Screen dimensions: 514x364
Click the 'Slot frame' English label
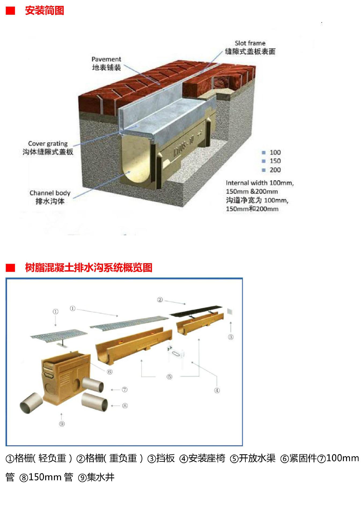pyautogui.click(x=250, y=43)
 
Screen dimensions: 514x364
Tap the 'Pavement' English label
pyautogui.click(x=106, y=59)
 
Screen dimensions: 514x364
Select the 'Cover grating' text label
pyautogui.click(x=48, y=144)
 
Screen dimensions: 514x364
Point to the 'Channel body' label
pyautogui.click(x=50, y=193)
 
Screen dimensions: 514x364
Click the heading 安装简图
pyautogui.click(x=45, y=11)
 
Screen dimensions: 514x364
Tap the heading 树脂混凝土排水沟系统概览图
pyautogui.click(x=89, y=268)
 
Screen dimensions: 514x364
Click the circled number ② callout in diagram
pyautogui.click(x=160, y=300)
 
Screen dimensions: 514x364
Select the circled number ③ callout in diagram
pyautogui.click(x=231, y=337)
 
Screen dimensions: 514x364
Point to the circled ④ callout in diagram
pyautogui.click(x=217, y=390)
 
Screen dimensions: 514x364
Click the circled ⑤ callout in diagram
pyautogui.click(x=169, y=377)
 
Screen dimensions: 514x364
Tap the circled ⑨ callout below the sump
pyautogui.click(x=62, y=424)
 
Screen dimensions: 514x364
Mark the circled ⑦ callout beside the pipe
pyautogui.click(x=124, y=390)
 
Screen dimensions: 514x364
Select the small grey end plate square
pyautogui.click(x=230, y=311)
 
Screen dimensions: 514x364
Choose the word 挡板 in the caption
pyautogui.click(x=165, y=458)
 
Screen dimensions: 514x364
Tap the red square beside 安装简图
pyautogui.click(x=10, y=11)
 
